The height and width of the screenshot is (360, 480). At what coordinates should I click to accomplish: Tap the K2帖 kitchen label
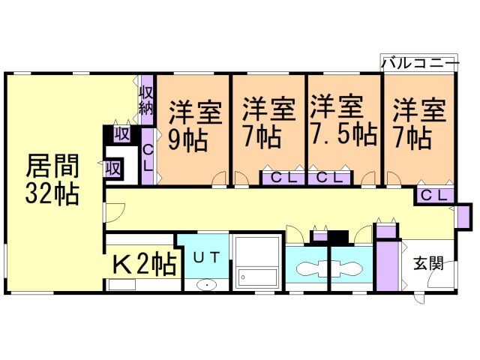coord(144,264)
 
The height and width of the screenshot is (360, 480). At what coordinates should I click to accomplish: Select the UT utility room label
coord(206,256)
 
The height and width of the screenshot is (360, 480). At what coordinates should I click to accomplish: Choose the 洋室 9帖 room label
coord(194,124)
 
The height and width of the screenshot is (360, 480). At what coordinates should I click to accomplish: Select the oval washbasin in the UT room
coord(206,285)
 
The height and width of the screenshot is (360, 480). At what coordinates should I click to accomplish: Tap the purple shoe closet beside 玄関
coord(388,266)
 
